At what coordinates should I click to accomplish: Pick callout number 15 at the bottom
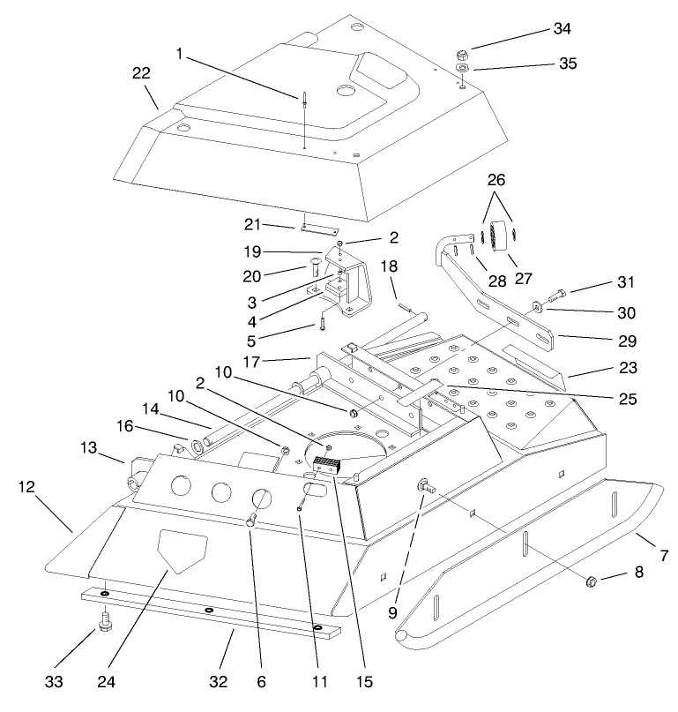(365, 681)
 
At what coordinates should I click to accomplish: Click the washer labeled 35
(462, 69)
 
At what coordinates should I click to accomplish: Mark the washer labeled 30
(535, 307)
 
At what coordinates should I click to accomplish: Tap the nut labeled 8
(592, 581)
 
